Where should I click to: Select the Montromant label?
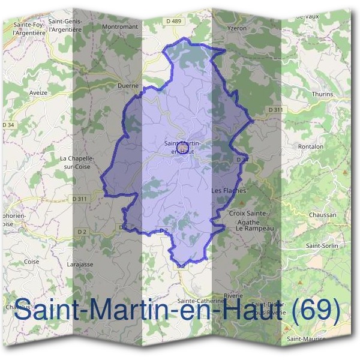[x=120, y=27]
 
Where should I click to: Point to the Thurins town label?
[x=322, y=94]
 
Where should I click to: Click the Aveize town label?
[x=38, y=94]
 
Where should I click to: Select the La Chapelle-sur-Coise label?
[x=74, y=163]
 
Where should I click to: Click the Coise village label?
[x=31, y=262]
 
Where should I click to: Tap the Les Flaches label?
[x=229, y=191]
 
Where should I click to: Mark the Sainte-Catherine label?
[x=200, y=301]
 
